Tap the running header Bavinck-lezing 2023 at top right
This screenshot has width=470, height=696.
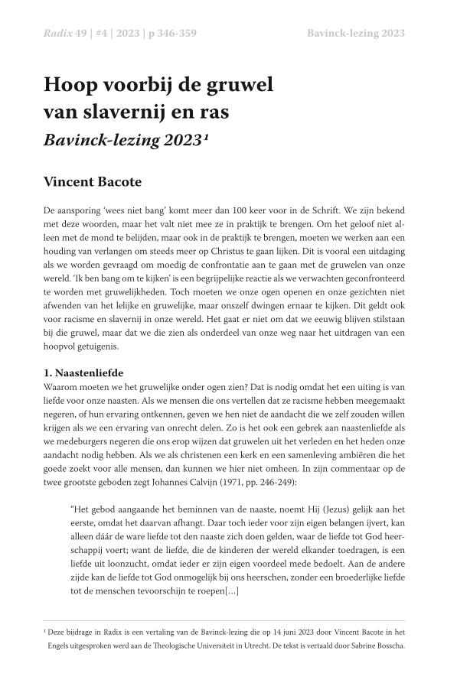click(x=355, y=33)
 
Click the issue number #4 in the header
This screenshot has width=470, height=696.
click(x=103, y=33)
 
